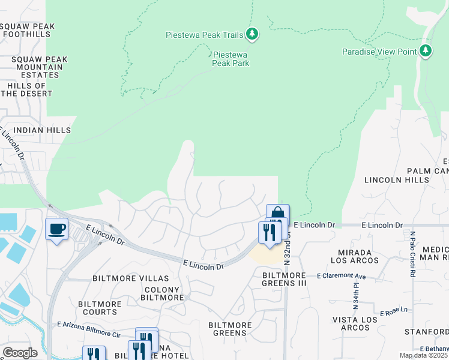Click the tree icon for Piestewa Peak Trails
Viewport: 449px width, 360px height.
[253, 34]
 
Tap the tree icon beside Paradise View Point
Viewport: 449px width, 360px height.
[426, 51]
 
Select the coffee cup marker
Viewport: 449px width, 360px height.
[56, 229]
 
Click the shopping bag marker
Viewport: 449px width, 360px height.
[278, 214]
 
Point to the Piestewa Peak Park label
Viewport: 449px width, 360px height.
[231, 58]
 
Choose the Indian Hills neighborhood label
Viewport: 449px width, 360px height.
[42, 130]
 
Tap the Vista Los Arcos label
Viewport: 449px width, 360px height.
[351, 323]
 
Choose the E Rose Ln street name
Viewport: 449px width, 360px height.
[394, 313]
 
